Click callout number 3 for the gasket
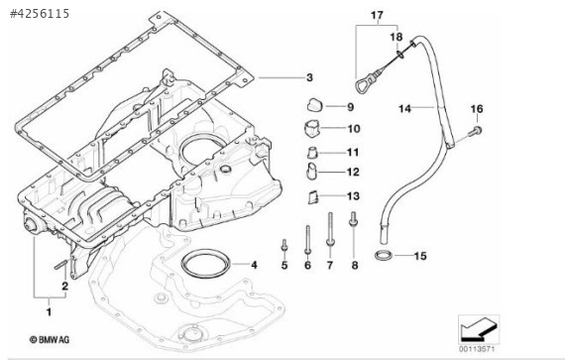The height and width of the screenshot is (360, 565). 309,77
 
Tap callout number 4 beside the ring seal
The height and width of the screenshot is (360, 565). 254,265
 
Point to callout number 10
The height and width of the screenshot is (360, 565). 353,128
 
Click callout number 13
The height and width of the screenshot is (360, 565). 353,195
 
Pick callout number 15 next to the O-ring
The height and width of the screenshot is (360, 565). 419,256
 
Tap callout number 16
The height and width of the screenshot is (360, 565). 476,107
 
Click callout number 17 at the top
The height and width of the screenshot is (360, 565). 377,15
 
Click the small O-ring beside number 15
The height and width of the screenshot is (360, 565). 383,256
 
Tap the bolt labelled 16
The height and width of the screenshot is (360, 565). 476,129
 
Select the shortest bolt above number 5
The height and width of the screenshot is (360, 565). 283,244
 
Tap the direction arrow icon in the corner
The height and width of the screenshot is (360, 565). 479,326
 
